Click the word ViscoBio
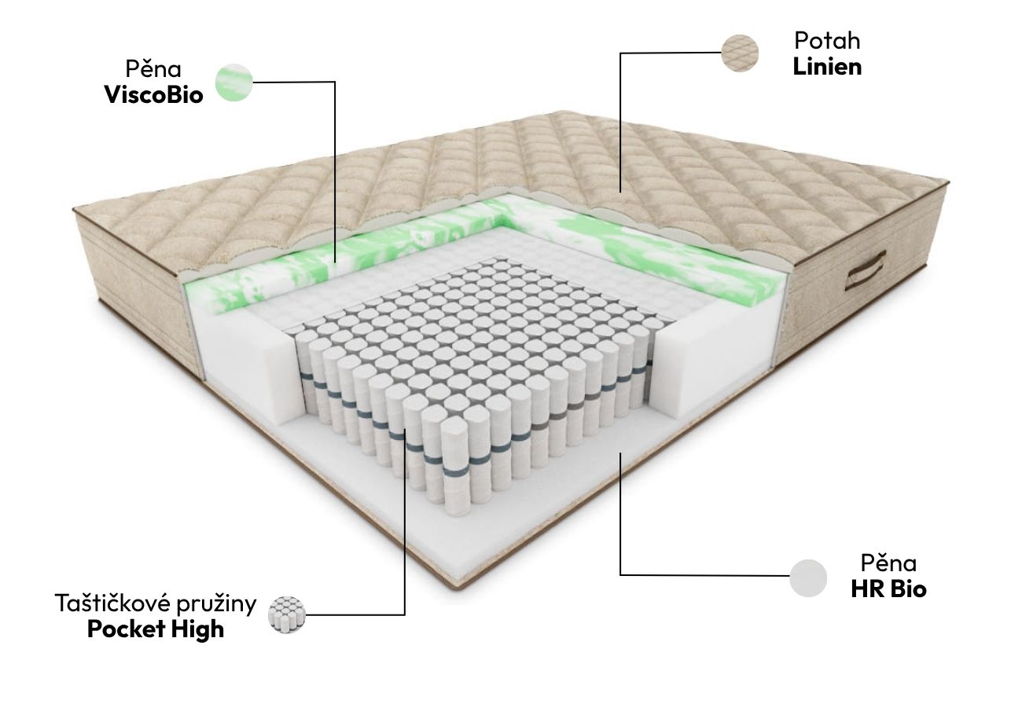click(x=154, y=95)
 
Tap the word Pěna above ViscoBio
click(x=153, y=69)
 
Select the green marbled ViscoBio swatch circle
click(x=234, y=82)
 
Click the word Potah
click(x=827, y=41)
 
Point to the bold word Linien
click(x=827, y=67)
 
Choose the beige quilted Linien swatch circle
click(x=740, y=53)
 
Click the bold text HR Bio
click(x=889, y=588)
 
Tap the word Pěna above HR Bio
click(x=889, y=563)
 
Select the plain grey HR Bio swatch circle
click(x=808, y=578)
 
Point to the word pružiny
click(x=217, y=605)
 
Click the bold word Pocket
click(x=126, y=629)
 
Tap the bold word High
click(x=197, y=629)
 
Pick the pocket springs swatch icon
click(x=286, y=614)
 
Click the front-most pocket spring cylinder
click(x=455, y=467)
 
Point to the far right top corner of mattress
click(x=948, y=182)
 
